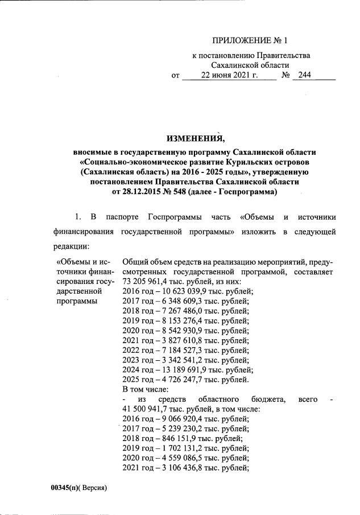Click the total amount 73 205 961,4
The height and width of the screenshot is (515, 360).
click(148, 281)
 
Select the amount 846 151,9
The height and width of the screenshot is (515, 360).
click(177, 438)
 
